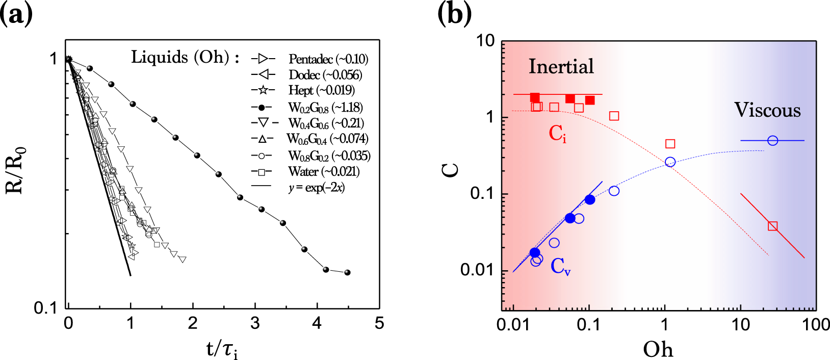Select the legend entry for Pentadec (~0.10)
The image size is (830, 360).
coord(328,59)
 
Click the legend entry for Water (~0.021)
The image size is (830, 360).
coord(323,171)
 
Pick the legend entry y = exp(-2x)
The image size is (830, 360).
coord(316,188)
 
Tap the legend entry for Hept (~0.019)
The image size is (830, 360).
coord(321,90)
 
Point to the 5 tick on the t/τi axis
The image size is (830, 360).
coord(379,324)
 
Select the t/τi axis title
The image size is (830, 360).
coord(222,349)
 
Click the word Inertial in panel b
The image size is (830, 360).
coord(561,66)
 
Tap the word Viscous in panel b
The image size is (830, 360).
coord(767,110)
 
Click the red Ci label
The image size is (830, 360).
coord(557,134)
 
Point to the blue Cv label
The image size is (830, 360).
coord(560,266)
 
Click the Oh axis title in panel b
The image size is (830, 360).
coord(658,349)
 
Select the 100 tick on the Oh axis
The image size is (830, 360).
coord(816,325)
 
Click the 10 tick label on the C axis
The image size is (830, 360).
coord(485,41)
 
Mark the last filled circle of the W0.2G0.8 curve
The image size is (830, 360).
coord(347,272)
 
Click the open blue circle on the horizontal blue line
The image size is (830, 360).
coord(772,140)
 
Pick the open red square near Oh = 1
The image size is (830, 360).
coord(670,144)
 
